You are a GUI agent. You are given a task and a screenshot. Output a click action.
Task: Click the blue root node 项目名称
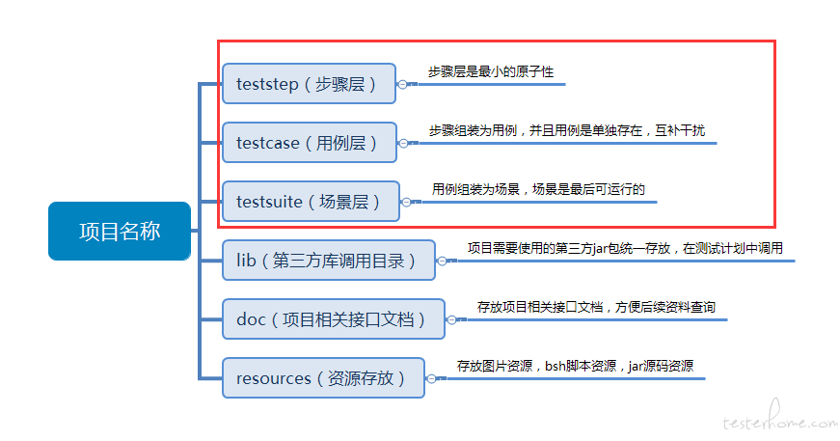120,231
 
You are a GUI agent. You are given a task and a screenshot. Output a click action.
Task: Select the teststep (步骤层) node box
310,84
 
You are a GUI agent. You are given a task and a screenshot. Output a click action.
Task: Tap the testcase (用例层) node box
310,143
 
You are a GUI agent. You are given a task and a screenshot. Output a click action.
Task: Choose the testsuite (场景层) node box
311,202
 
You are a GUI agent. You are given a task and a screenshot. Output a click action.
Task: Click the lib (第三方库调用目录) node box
329,261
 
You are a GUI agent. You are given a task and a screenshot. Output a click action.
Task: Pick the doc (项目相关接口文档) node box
334,319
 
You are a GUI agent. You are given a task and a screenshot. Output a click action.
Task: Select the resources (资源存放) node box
324,378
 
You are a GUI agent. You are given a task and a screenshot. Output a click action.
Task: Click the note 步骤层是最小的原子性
490,71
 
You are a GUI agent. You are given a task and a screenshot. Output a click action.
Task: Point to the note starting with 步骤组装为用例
567,130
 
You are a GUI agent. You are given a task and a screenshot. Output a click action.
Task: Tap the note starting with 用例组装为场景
538,190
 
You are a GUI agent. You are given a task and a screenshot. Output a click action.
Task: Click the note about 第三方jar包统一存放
625,249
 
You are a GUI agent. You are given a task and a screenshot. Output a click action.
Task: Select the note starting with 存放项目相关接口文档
596,308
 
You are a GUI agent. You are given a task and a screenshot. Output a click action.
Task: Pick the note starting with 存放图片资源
575,367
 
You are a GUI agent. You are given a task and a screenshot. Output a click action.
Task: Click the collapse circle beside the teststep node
402,84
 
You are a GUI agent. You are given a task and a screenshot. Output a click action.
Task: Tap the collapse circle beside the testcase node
403,143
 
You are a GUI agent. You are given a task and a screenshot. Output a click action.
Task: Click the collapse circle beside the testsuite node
406,202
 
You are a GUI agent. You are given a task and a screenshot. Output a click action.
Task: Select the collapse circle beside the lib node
442,261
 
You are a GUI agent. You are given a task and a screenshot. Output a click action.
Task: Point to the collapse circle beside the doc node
451,320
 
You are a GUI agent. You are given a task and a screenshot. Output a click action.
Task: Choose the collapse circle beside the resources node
431,379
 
